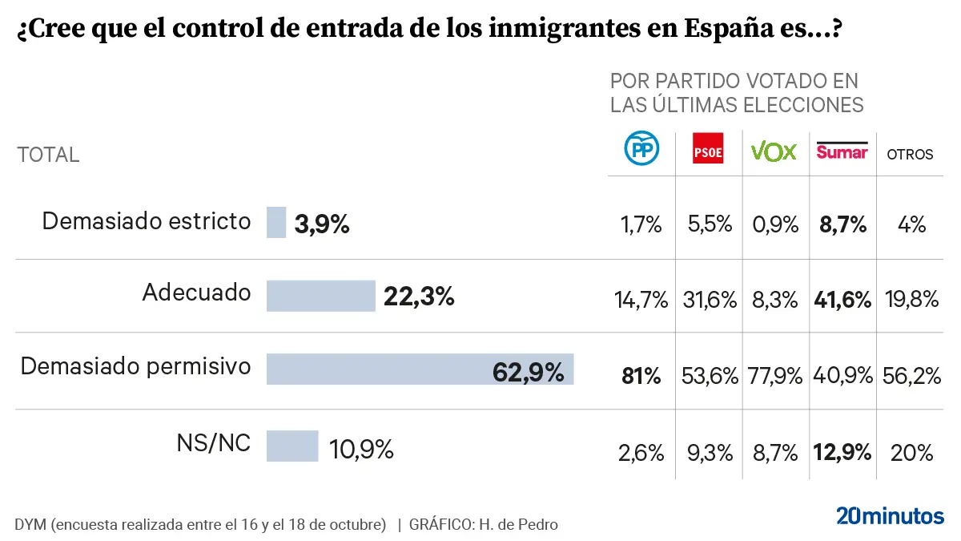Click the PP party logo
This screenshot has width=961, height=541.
[x=641, y=149]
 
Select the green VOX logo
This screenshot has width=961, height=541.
[x=774, y=151]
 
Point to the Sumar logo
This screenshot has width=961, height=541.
[x=842, y=150]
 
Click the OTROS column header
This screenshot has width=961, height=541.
[x=910, y=155]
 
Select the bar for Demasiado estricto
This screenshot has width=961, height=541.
[x=276, y=223]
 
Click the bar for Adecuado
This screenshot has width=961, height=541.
[x=320, y=296]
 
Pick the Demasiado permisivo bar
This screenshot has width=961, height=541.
[x=420, y=369]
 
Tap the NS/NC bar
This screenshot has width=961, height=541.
[x=292, y=446]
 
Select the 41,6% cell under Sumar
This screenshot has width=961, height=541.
[x=842, y=301]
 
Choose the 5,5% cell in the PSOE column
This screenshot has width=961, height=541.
[x=710, y=224]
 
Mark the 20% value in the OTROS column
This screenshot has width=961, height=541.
[x=911, y=453]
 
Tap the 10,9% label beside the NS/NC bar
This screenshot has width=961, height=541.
[x=361, y=450]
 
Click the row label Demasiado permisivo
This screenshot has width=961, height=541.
[x=135, y=367]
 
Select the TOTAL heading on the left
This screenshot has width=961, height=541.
[x=48, y=155]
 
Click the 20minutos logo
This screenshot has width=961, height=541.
[x=890, y=515]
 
